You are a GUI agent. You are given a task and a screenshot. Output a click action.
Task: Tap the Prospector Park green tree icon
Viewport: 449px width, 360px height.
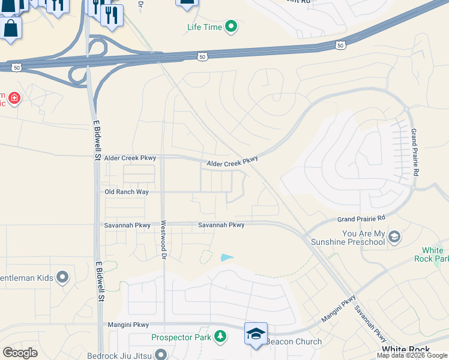[x=221, y=337]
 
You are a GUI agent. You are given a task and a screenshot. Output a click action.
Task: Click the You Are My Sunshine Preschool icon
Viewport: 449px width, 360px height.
[x=394, y=237]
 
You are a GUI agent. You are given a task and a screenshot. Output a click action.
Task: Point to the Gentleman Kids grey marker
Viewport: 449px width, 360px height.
[x=62, y=277]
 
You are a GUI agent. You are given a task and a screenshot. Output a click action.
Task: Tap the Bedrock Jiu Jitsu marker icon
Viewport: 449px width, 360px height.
[x=160, y=354]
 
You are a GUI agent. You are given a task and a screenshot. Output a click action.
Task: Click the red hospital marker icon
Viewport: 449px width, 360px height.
[x=13, y=98]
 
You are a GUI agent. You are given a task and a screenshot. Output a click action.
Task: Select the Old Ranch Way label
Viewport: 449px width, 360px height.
[x=126, y=192]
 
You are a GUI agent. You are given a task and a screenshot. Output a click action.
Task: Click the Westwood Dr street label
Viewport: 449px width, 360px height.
[x=163, y=239]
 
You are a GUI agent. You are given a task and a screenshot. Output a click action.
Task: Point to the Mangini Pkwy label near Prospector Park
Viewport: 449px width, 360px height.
[x=127, y=324]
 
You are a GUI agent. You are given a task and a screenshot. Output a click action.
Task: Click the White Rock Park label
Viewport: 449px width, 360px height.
[x=432, y=254]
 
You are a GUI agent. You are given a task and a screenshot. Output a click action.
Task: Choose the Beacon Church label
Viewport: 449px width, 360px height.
[x=294, y=342]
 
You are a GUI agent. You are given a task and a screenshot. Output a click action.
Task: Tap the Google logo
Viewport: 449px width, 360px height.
[x=20, y=352]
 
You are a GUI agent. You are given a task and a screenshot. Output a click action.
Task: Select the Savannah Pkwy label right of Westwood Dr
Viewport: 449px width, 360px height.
[x=221, y=225]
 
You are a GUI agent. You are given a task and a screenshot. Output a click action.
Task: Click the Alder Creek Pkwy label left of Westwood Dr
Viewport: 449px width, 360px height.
[x=130, y=158]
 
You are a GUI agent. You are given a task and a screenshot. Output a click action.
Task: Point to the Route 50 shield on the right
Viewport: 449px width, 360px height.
[x=340, y=45]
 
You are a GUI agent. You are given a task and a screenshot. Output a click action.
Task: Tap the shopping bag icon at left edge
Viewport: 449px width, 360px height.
[x=11, y=28]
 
